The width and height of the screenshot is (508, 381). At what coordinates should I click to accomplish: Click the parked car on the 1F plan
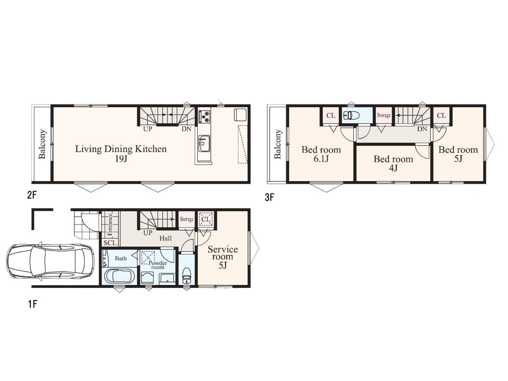(x=50, y=261)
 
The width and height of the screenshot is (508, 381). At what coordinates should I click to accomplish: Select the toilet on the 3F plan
(x=351, y=115)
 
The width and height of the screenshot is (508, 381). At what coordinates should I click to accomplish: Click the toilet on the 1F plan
(x=186, y=276)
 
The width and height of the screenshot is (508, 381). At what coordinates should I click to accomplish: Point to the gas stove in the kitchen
(x=204, y=116)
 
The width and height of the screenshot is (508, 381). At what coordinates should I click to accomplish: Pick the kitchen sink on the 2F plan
(x=204, y=144)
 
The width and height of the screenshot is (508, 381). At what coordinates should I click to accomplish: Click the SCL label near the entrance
(x=110, y=243)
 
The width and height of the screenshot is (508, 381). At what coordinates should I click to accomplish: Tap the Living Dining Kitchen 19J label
(x=121, y=153)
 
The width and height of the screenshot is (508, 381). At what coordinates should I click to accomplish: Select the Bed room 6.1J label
(x=321, y=154)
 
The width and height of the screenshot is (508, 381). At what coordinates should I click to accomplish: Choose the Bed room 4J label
(x=393, y=163)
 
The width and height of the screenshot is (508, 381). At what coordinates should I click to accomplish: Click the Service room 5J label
(x=223, y=257)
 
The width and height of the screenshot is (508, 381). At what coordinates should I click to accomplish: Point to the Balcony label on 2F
(x=42, y=144)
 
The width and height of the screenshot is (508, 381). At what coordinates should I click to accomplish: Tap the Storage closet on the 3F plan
(x=384, y=115)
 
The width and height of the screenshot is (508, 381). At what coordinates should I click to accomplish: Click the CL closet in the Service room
(x=206, y=219)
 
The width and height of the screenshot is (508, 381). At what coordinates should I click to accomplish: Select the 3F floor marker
(x=269, y=197)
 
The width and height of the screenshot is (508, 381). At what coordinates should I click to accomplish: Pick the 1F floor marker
(x=33, y=304)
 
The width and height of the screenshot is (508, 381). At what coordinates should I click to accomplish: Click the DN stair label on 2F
(x=186, y=129)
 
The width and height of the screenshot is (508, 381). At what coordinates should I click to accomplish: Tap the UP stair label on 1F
(x=148, y=233)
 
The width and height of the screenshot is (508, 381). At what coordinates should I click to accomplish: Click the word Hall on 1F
(x=166, y=238)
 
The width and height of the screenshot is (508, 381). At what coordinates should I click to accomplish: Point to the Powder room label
(x=157, y=265)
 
